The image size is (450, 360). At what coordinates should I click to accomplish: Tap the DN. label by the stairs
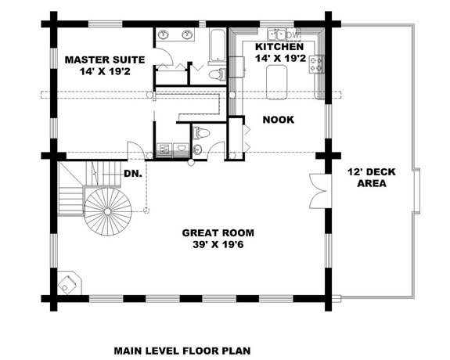132,173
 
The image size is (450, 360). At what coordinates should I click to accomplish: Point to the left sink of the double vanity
164,34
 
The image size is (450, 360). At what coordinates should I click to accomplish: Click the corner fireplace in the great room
68,282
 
